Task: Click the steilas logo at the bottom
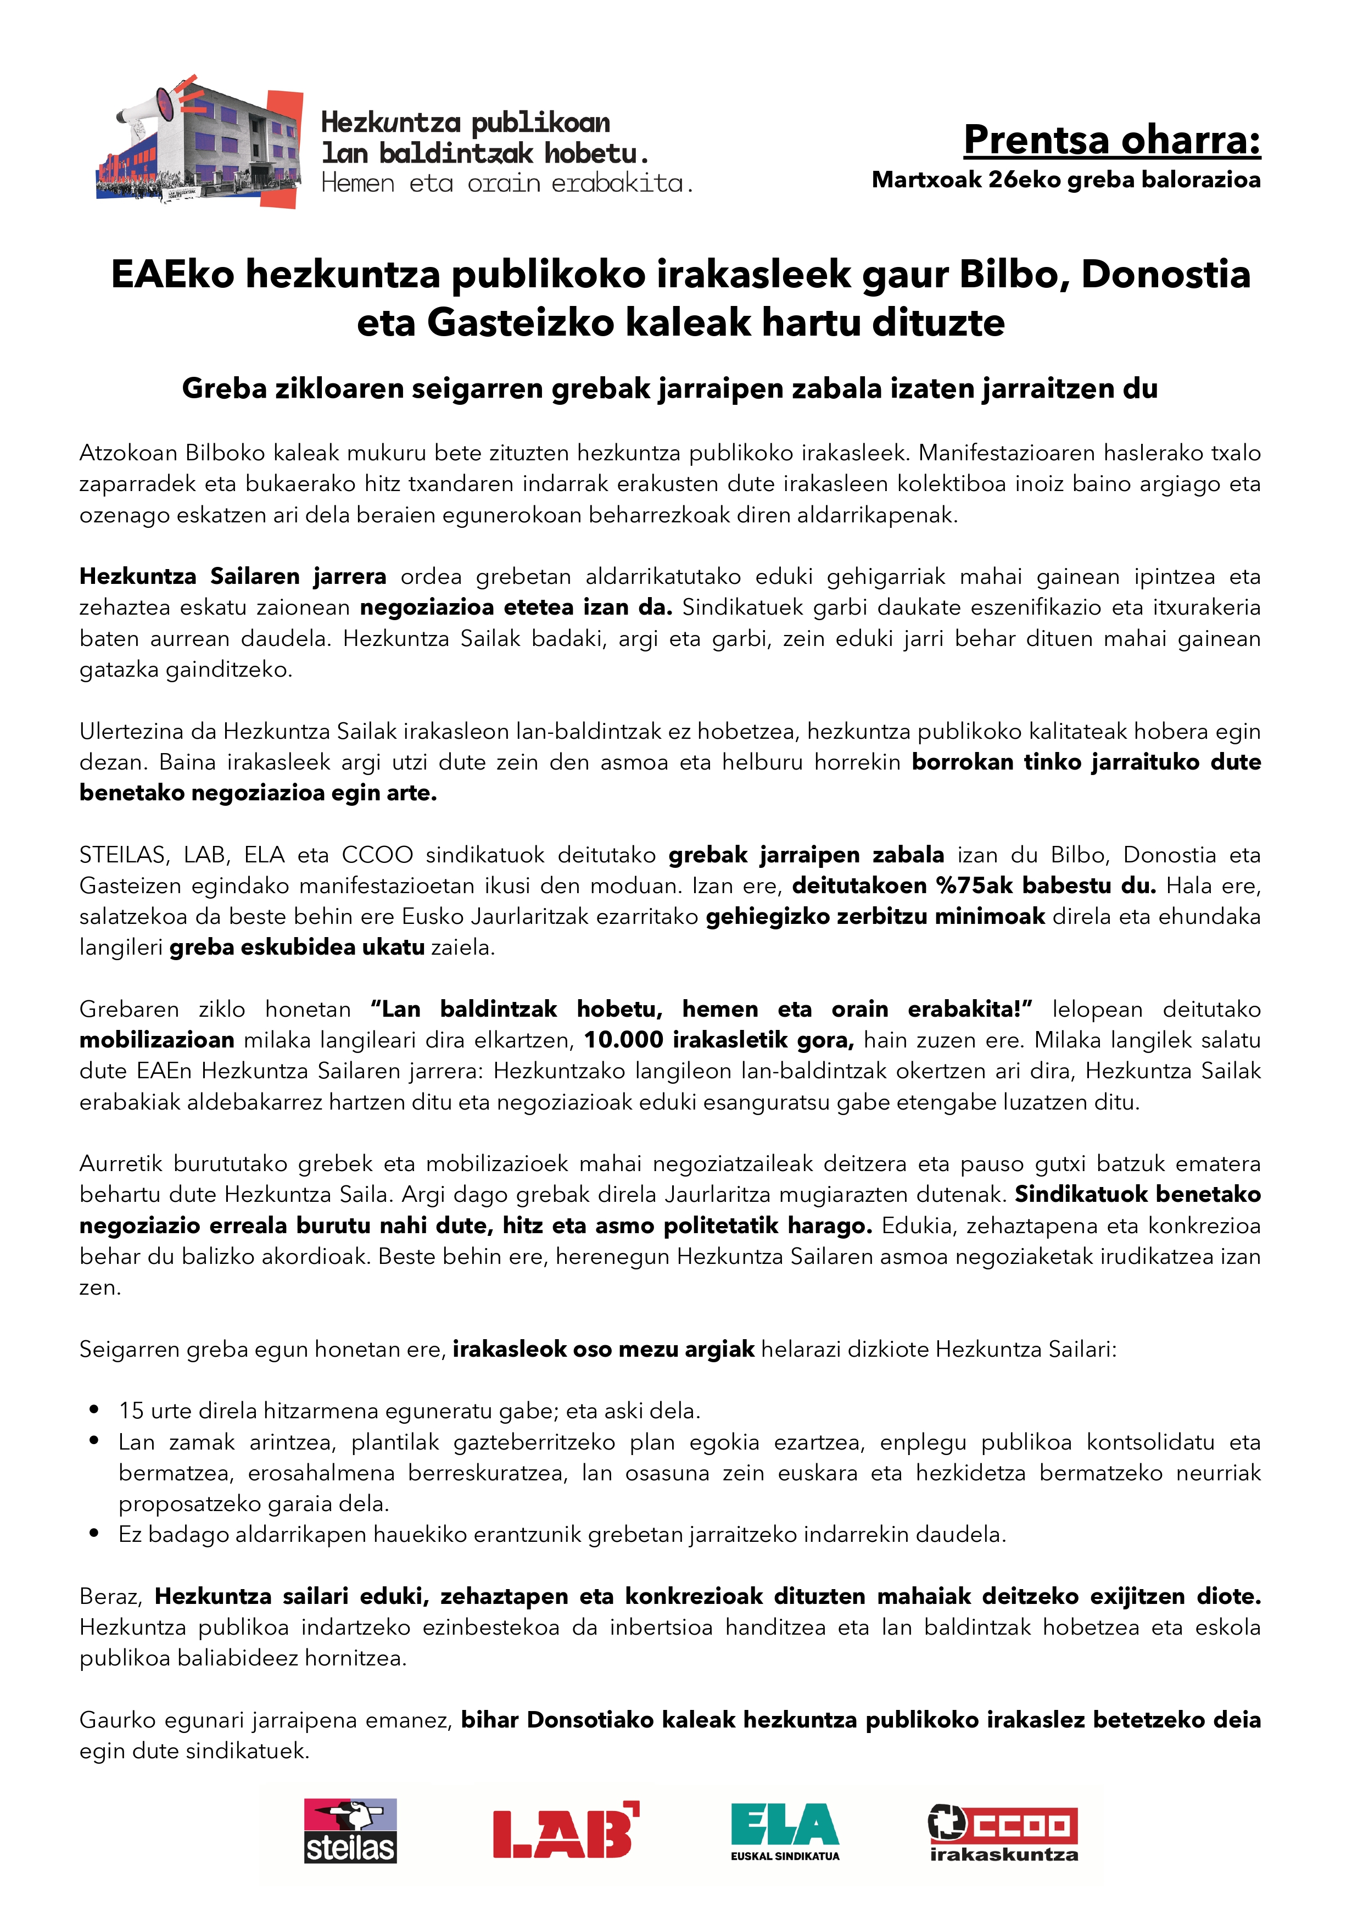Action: click(x=350, y=1831)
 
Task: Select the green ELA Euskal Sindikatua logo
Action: click(x=785, y=1831)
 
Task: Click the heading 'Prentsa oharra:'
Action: click(x=1111, y=140)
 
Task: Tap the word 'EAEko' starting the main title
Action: click(x=172, y=275)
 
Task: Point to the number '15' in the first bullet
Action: click(x=131, y=1411)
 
